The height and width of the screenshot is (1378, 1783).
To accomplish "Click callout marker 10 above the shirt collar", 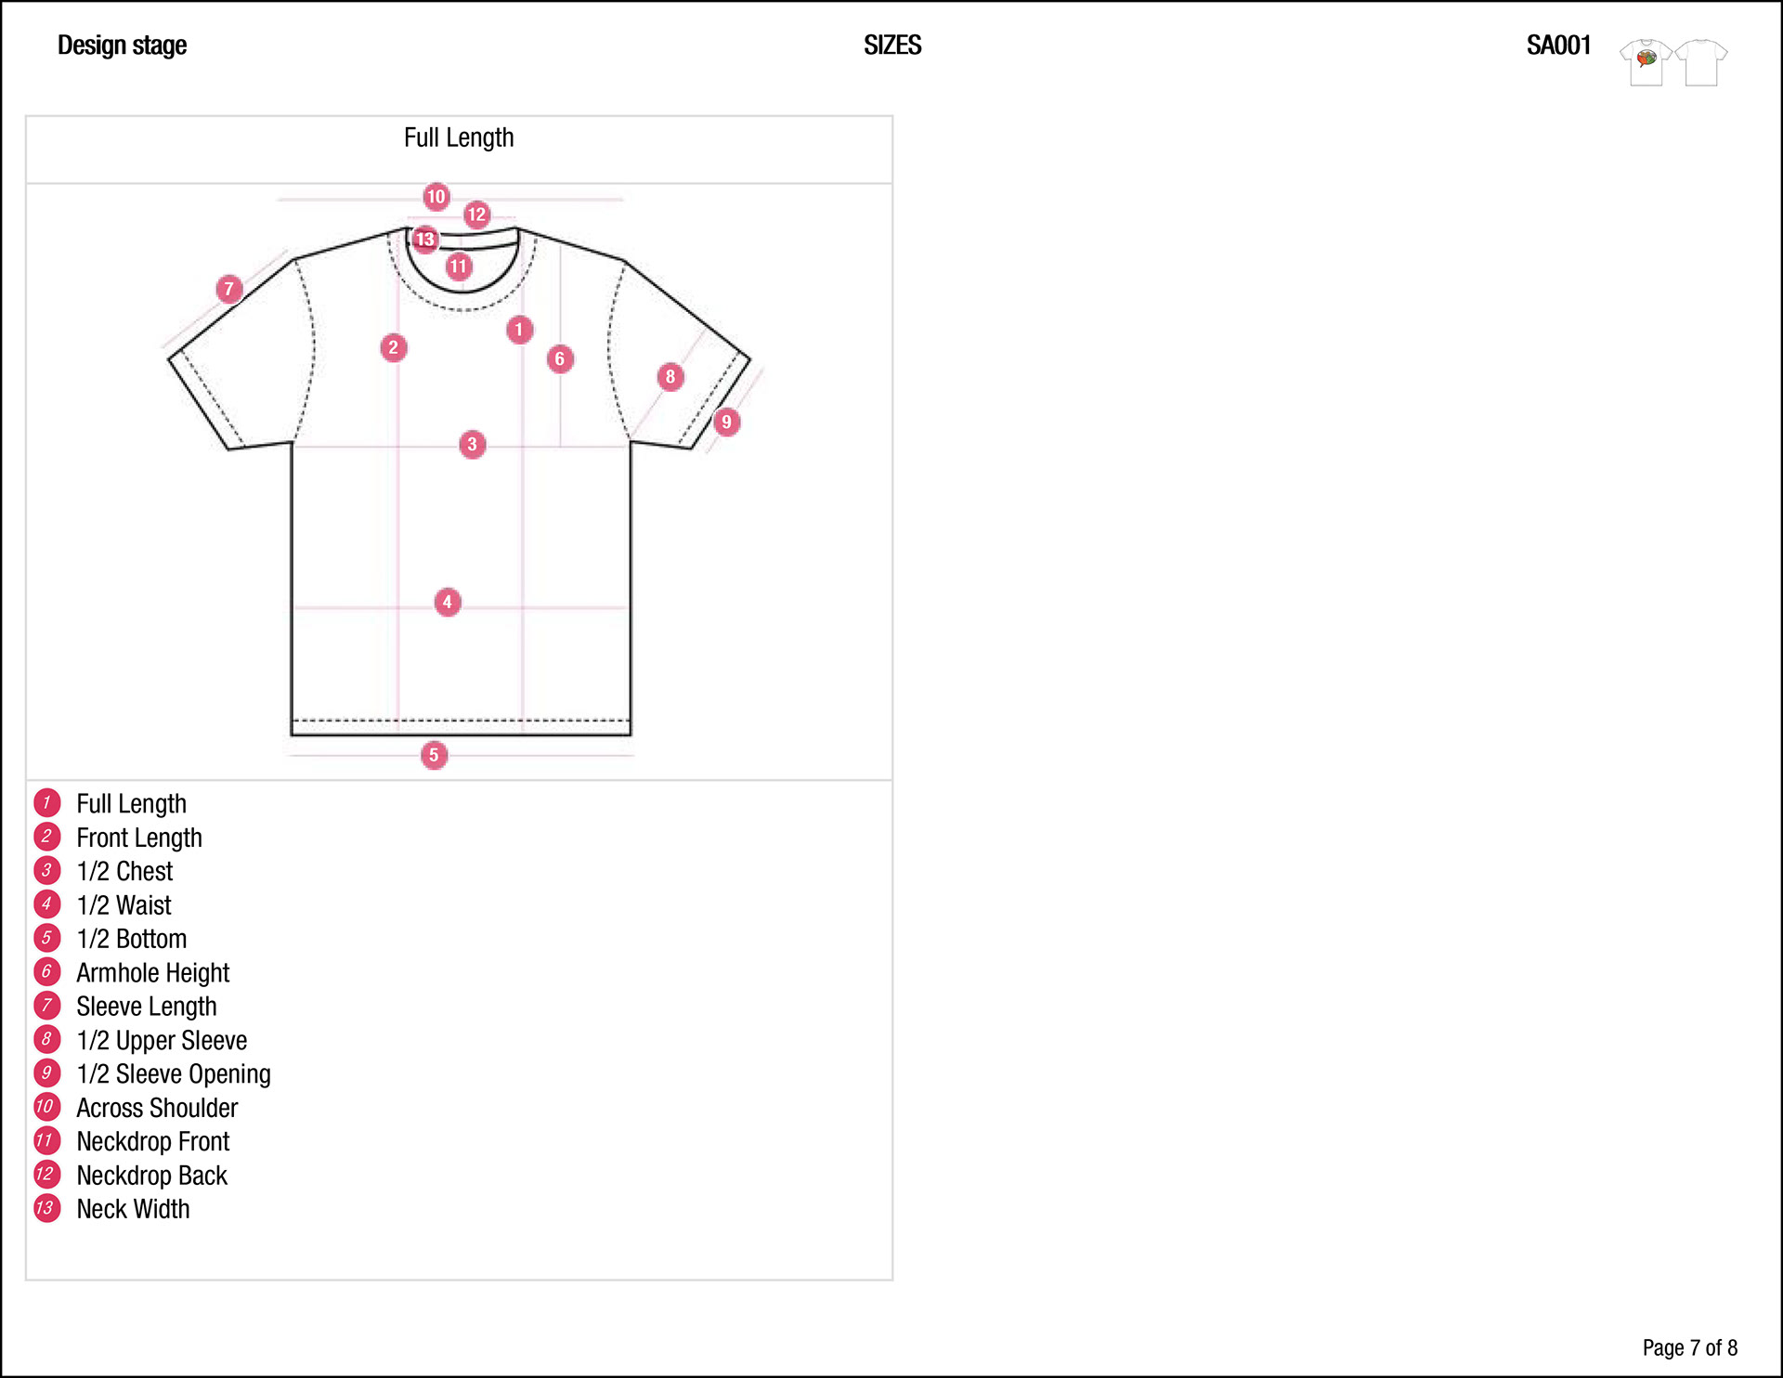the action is pos(436,197).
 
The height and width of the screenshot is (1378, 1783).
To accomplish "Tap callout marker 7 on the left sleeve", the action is pos(229,289).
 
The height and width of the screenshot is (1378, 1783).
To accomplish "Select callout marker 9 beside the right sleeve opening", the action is pos(726,422).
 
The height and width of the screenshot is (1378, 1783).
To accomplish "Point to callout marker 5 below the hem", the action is pos(434,755).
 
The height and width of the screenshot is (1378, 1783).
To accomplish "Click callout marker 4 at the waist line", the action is pos(448,602).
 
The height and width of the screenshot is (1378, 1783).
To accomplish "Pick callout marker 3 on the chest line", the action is pos(472,444).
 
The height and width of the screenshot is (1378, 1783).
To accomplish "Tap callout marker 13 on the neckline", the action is pos(425,240).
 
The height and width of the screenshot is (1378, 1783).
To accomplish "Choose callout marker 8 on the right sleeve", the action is pos(670,376).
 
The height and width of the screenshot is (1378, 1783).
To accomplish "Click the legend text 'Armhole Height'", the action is pos(152,972).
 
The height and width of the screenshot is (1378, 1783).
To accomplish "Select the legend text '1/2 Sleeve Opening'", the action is pos(174,1073).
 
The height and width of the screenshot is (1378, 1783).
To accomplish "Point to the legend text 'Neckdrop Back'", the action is pos(151,1175).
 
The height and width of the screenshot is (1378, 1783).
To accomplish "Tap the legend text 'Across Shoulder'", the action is pos(157,1108).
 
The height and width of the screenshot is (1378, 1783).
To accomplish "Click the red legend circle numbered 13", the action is pos(46,1208).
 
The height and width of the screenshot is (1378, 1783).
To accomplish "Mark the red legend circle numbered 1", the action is pos(46,802).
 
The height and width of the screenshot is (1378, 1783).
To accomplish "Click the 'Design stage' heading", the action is pos(122,45).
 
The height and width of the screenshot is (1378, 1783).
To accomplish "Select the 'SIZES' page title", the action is pos(891,45).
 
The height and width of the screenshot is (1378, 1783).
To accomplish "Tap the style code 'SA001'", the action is pos(1558,45).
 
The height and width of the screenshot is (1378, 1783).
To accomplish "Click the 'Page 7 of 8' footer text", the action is pos(1689,1347).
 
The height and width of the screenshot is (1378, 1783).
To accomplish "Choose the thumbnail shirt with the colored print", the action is pos(1646,62).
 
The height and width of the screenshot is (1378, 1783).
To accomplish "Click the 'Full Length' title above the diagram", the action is pos(459,137).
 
